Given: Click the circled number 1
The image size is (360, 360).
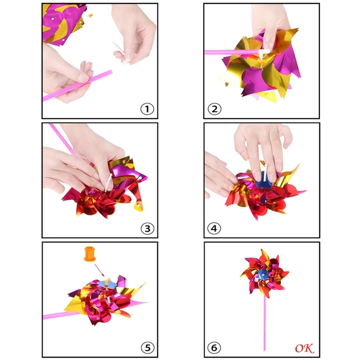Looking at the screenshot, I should [147, 109].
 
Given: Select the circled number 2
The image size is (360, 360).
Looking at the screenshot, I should [214, 109].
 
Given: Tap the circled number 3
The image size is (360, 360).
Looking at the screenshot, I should [147, 228].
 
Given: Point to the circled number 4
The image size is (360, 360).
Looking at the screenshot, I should [214, 228].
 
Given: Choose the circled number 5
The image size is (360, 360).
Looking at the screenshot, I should [147, 347].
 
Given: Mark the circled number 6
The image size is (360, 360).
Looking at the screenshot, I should [214, 348].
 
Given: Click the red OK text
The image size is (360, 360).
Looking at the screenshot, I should [304, 348].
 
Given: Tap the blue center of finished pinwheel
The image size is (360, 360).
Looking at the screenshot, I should [262, 275].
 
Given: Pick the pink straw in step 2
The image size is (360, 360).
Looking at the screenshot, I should [231, 52].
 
